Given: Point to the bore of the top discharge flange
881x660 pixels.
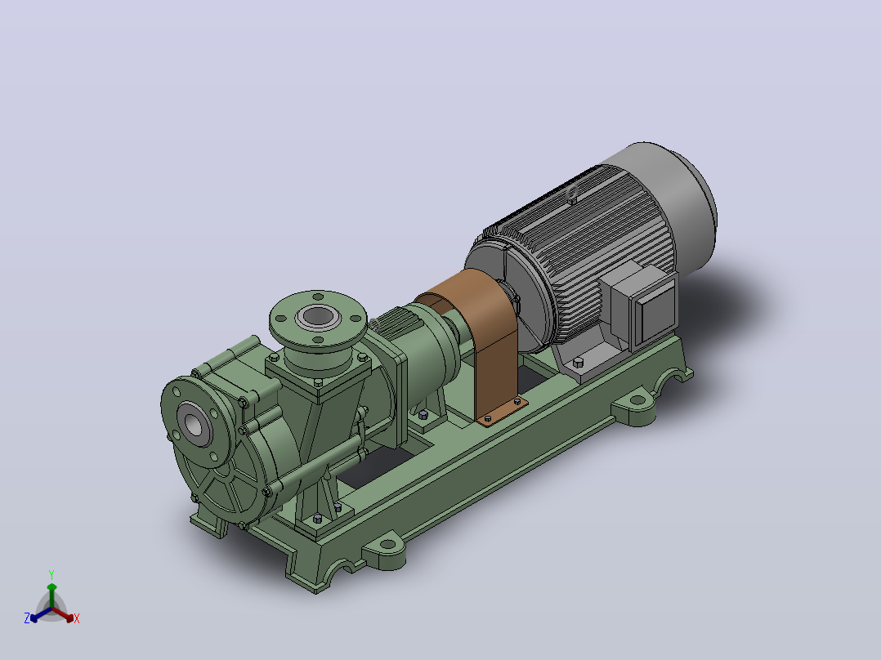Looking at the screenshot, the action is tap(317, 317).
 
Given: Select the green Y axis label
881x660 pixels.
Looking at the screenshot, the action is tap(51, 574).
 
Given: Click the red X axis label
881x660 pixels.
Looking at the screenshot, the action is tap(77, 618).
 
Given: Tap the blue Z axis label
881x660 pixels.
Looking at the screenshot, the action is tap(26, 618).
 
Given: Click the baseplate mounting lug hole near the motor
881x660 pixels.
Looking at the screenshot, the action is tap(637, 400).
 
